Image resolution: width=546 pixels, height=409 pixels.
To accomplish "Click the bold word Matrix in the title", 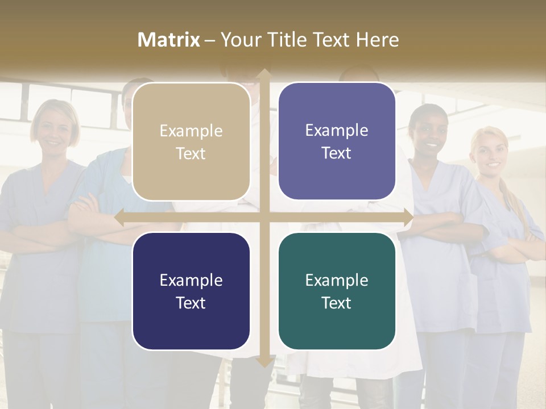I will tap(169, 40).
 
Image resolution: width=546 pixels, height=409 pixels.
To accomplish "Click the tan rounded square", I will tap(191, 141).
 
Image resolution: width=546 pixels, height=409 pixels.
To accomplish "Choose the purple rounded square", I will tap(337, 141).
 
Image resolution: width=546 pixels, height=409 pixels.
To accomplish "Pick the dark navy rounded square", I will tap(191, 291).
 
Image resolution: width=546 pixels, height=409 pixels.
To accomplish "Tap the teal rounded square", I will tap(337, 291).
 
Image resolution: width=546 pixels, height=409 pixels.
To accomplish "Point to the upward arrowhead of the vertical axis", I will tap(264, 74).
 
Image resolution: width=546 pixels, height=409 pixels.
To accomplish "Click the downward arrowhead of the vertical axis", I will tap(264, 362).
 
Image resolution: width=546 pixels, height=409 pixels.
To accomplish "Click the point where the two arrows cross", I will tap(264, 218).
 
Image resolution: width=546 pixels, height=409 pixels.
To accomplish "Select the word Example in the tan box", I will tap(191, 131).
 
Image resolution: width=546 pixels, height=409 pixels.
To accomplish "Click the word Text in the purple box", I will tap(337, 153).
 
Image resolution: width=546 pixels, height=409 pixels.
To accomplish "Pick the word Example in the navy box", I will tap(191, 280).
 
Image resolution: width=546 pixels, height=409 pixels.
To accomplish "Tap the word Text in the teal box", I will tap(337, 303).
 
